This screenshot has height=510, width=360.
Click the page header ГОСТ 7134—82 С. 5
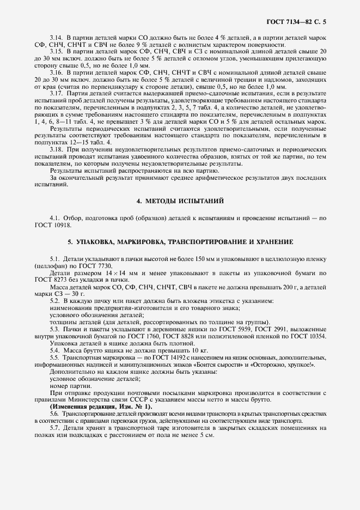pos(300,22)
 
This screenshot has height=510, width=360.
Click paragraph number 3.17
pos(57,94)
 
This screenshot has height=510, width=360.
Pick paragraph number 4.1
pos(55,218)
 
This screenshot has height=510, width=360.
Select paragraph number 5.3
pos(55,329)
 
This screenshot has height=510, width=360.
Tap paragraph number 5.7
pos(55,428)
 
